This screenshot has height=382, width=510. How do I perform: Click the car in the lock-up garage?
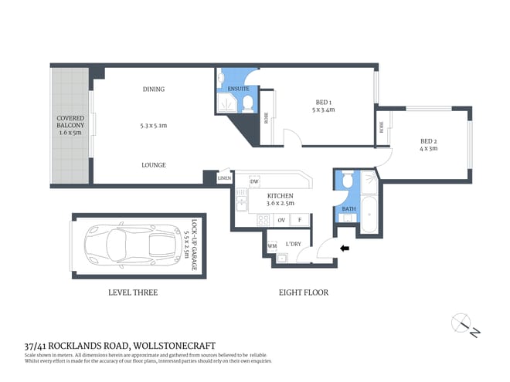[x=127, y=245]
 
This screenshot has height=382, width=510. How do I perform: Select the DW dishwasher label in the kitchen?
[x=254, y=182]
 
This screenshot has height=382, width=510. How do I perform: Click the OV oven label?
[x=281, y=220]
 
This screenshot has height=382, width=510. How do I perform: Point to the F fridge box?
[x=301, y=220]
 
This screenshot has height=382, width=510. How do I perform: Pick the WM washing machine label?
[x=272, y=246]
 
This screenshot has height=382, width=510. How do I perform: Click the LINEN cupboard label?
[x=224, y=178]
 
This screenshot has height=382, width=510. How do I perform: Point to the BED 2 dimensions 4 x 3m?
[x=429, y=150]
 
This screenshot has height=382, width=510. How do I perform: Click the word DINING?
[x=153, y=89]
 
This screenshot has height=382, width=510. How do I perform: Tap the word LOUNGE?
[x=153, y=164]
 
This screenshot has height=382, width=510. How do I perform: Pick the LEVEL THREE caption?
[x=132, y=292]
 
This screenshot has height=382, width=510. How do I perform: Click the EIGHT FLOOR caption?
[x=304, y=292]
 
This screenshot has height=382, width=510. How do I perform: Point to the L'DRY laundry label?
[x=294, y=245]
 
